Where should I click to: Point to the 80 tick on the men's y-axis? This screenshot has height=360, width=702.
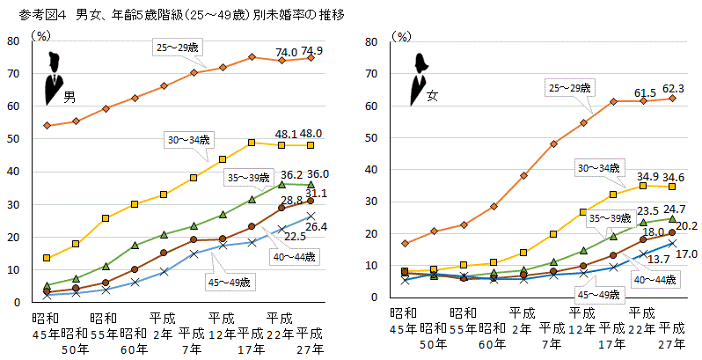coord(15,40)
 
